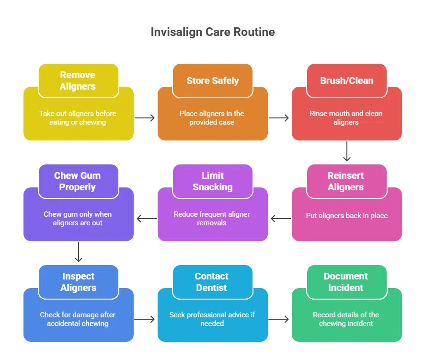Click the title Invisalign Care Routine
pyautogui.click(x=213, y=32)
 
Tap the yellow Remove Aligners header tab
pyautogui.click(x=78, y=81)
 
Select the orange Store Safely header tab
pyautogui.click(x=212, y=81)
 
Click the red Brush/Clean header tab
pyautogui.click(x=346, y=81)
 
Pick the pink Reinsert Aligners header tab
pyautogui.click(x=346, y=181)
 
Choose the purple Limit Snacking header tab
pyautogui.click(x=212, y=181)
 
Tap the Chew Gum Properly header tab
pyautogui.click(x=78, y=181)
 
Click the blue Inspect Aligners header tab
pyautogui.click(x=78, y=282)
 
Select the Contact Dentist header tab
pyautogui.click(x=212, y=282)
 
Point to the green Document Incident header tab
pyautogui.click(x=346, y=282)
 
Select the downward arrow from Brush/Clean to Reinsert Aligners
pyautogui.click(x=347, y=152)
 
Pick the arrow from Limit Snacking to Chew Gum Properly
pyautogui.click(x=146, y=219)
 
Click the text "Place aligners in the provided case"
pyautogui.click(x=212, y=118)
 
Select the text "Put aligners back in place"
pyautogui.click(x=347, y=216)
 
